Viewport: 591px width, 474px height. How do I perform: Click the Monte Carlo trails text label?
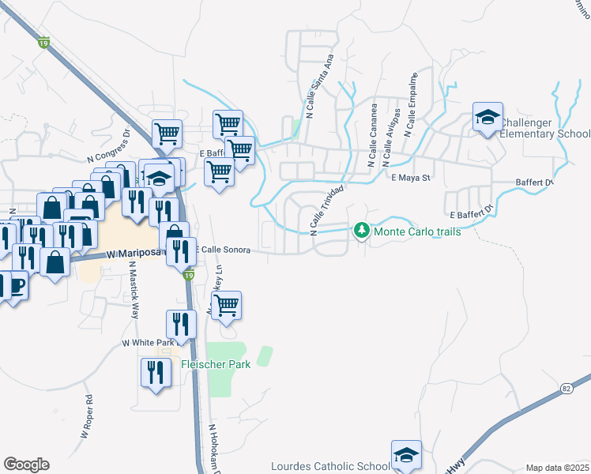coord(416,231)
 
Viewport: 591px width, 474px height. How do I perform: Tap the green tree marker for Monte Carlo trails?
coord(362,231)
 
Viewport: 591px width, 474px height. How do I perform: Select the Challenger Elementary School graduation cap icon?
coord(487,118)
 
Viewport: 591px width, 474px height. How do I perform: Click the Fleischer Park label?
coord(215,364)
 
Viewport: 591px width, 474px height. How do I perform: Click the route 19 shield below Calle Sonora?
coord(188,275)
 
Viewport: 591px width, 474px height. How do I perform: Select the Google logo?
coord(26,465)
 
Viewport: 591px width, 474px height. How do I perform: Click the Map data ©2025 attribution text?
coord(557,468)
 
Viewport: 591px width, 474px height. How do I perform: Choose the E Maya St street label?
coord(410,178)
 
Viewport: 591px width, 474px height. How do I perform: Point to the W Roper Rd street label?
coord(87,416)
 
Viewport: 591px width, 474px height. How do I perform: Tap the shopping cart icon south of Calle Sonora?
coord(227,304)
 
